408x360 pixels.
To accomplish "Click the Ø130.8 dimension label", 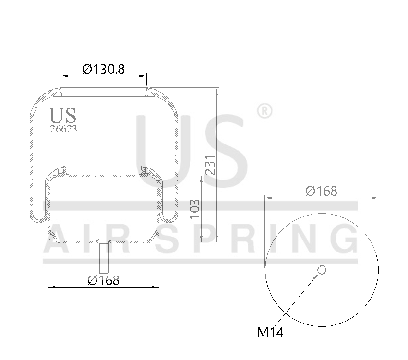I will [104, 69].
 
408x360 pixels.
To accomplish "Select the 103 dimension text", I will [194, 209].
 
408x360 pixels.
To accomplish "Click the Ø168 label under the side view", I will [103, 280].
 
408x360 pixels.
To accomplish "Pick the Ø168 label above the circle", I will [322, 191].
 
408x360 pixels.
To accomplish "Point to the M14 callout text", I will [270, 332].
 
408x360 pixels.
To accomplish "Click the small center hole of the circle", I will [322, 270].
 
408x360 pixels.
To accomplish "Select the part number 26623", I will [63, 129].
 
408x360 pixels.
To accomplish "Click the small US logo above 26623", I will [62, 116].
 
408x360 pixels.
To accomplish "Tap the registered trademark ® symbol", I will [265, 111].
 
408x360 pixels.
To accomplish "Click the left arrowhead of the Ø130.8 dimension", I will [64, 75].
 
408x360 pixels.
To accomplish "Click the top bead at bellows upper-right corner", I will [149, 91].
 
